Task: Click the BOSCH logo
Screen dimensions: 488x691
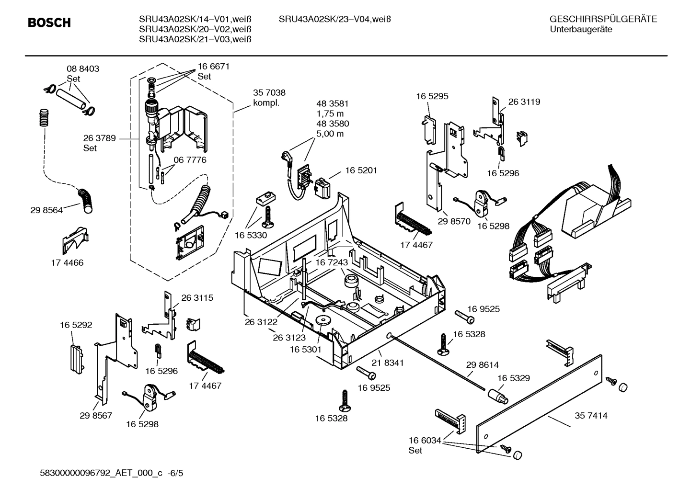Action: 49,23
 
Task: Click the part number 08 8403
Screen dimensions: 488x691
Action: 82,68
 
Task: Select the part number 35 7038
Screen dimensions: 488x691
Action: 269,93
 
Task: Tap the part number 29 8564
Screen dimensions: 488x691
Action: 46,210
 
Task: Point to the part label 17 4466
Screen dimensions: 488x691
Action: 67,263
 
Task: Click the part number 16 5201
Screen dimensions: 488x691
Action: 361,170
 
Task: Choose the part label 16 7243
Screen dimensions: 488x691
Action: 331,262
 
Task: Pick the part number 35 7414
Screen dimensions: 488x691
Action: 590,416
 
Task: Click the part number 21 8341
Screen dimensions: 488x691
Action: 387,363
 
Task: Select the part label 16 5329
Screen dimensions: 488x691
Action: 513,378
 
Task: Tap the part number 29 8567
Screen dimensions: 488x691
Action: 96,415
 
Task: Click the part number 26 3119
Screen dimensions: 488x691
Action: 524,102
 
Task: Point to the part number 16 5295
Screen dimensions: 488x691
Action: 432,96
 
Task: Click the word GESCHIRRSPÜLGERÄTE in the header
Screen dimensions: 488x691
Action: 603,19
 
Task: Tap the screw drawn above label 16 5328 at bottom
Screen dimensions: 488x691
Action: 344,399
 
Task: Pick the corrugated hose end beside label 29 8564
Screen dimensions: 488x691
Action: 86,200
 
